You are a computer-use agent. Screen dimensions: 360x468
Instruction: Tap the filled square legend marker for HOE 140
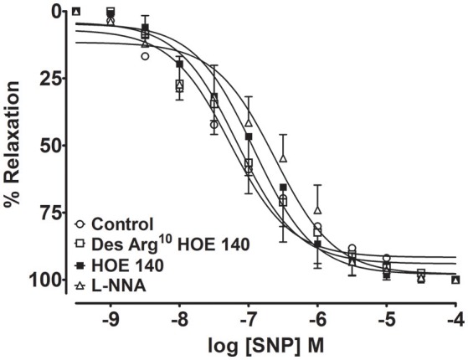point(80,265)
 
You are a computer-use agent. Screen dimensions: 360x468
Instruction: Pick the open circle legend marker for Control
point(80,224)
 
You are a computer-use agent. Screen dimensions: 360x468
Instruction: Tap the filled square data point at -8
point(179,64)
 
